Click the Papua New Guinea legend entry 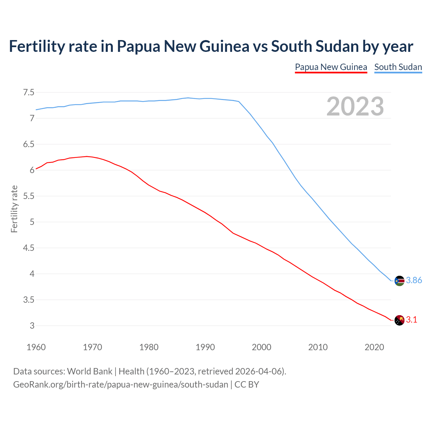tap(331, 67)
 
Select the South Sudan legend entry tap(398, 67)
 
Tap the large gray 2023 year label tap(355, 106)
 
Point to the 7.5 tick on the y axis tap(29, 92)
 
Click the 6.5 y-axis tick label tap(29, 144)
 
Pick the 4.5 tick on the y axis tap(29, 248)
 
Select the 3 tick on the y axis tap(32, 326)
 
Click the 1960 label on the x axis tap(36, 347)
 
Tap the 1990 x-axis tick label tap(205, 347)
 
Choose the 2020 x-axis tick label tap(374, 347)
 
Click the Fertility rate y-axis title tap(14, 209)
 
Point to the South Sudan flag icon tap(399, 280)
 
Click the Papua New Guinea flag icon tap(399, 320)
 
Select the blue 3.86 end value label tap(414, 280)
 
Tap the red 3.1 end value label tap(411, 320)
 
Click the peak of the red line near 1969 tap(87, 156)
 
